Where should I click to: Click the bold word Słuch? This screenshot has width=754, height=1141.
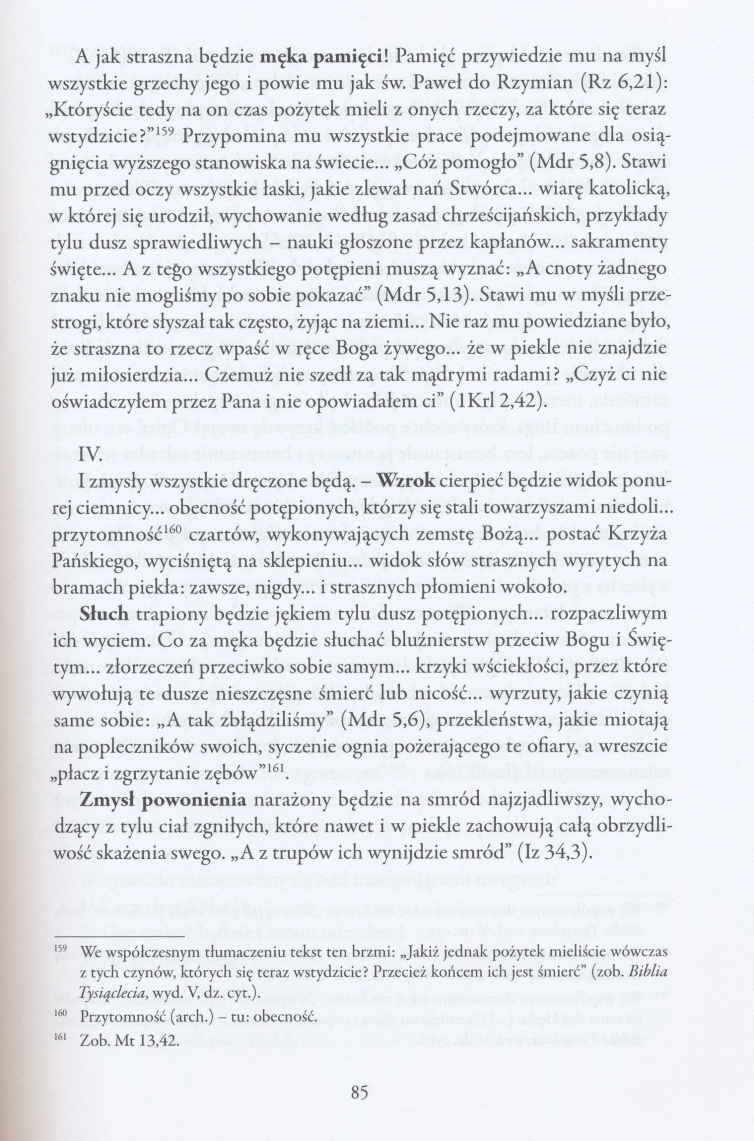(x=104, y=615)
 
